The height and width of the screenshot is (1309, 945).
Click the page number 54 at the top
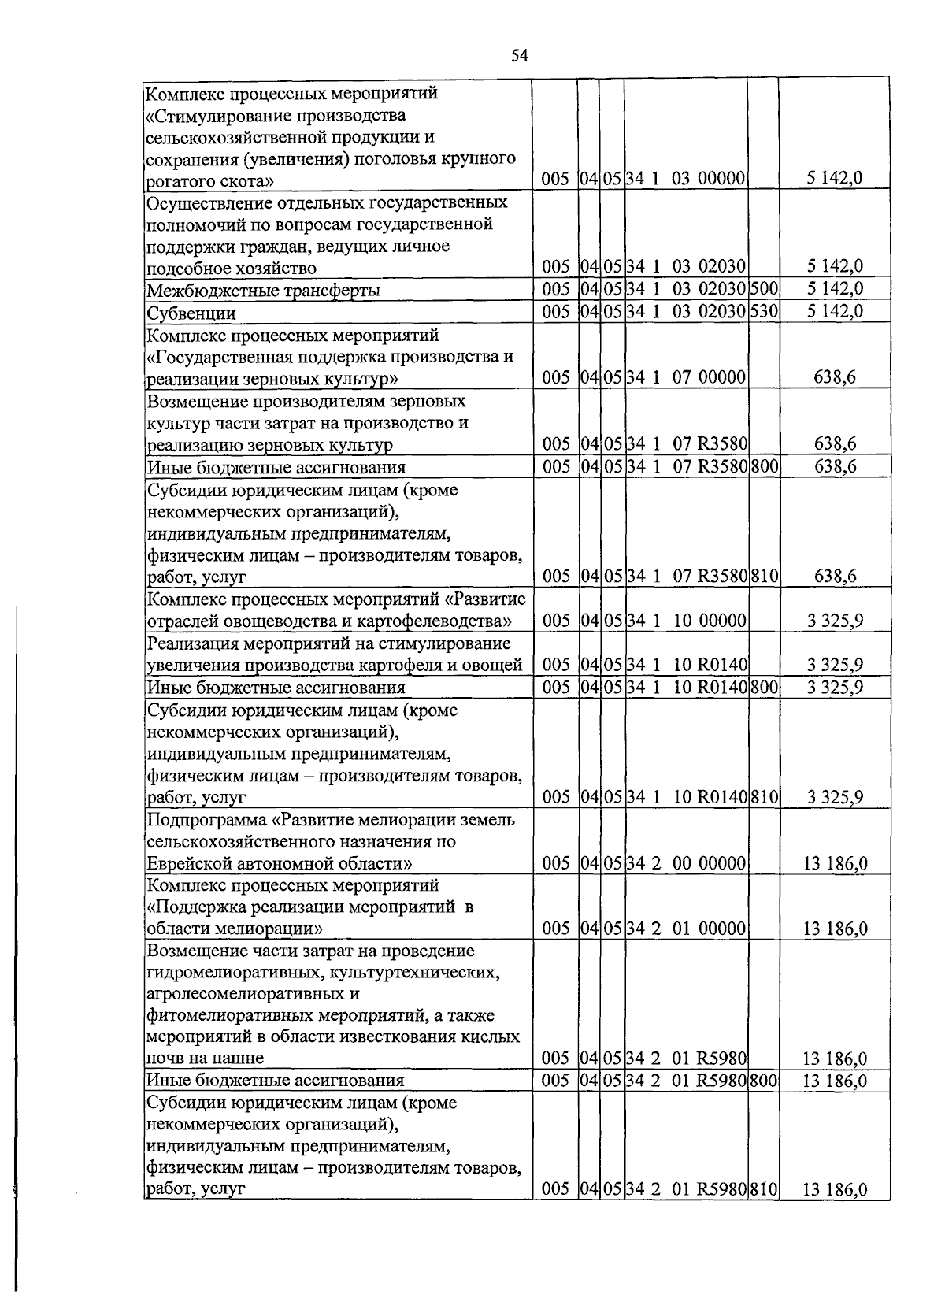(519, 55)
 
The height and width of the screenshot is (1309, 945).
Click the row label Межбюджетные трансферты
(264, 291)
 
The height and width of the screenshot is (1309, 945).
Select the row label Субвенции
(191, 313)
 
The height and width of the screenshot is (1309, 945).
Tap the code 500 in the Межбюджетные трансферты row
(763, 289)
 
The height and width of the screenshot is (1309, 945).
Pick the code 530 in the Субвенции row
(763, 311)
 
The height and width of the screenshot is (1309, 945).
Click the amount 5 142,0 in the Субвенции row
(835, 311)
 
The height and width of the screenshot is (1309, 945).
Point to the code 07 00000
(709, 377)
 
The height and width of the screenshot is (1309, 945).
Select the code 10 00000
(709, 621)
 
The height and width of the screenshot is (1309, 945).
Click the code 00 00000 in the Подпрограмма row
(709, 863)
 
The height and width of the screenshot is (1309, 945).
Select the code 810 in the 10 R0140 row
(763, 797)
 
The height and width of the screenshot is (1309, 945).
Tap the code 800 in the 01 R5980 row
(763, 1081)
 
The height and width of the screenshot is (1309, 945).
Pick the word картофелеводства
(428, 621)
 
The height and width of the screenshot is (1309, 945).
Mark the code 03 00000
(709, 179)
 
